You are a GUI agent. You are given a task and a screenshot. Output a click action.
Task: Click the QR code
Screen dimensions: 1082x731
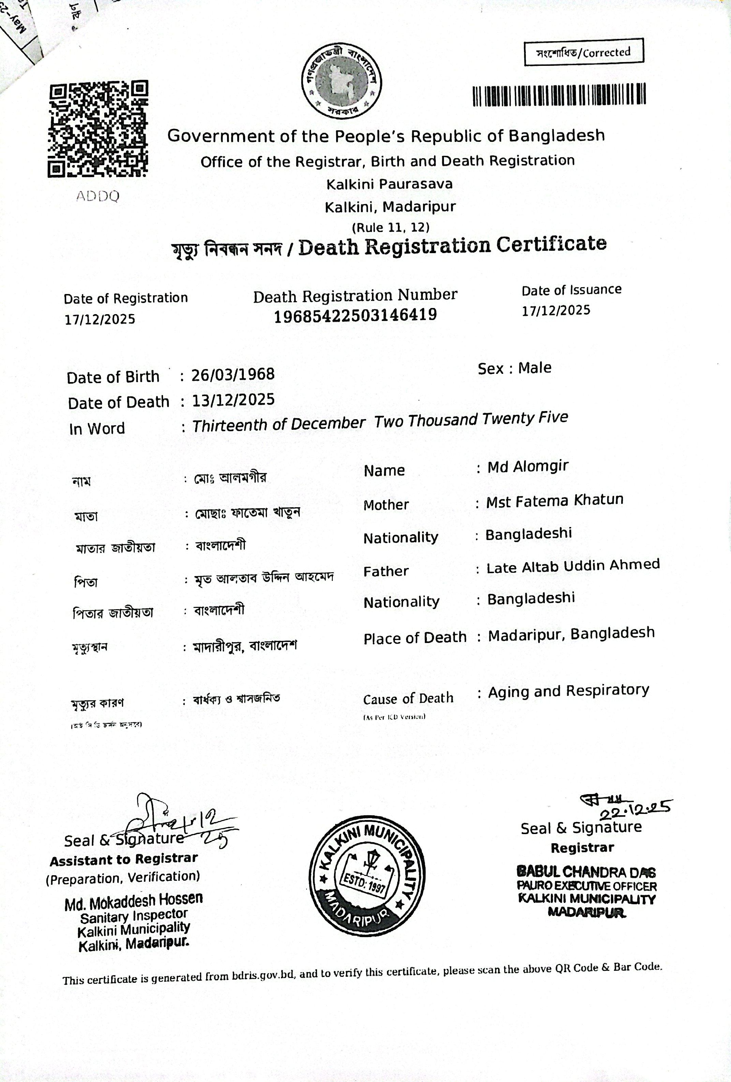[98, 129]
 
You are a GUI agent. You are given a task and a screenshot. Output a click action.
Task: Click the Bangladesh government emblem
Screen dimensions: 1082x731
[341, 83]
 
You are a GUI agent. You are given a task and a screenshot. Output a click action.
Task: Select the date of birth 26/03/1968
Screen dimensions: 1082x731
[233, 374]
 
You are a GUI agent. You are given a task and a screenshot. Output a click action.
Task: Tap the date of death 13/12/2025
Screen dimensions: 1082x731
[234, 400]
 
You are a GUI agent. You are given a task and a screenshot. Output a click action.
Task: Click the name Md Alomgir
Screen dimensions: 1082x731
[528, 467]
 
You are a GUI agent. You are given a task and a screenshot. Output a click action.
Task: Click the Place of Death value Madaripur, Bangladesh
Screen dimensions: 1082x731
[571, 634]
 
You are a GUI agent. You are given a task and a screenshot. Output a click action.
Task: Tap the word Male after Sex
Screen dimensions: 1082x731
[535, 368]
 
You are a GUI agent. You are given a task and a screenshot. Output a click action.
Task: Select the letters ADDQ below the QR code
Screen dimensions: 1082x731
[98, 196]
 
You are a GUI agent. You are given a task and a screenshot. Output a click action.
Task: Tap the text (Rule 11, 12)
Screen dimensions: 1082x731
[390, 228]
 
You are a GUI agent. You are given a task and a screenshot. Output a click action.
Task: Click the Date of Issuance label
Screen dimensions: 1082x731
[571, 290]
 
